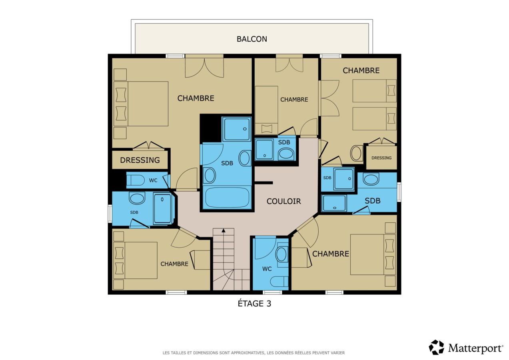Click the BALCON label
coord(252,39)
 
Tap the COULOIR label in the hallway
coord(283,201)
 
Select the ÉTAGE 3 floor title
coord(254,304)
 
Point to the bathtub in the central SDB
coord(227,197)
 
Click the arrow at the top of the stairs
coord(224,230)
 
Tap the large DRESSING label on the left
coord(140,160)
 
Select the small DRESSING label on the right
coord(381,158)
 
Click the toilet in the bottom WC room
coord(279,282)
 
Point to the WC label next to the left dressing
coord(153,180)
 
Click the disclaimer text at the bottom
coord(254,353)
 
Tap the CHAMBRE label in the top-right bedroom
coord(361,71)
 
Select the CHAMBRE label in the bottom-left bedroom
coord(174,264)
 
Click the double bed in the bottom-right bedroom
coord(373,254)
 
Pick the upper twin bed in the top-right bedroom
coord(374,91)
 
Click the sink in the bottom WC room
coord(281,254)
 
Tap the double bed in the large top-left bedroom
coord(141,104)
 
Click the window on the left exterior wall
coord(110,214)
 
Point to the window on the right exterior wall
coord(399,192)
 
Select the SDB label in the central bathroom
coord(227,163)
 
